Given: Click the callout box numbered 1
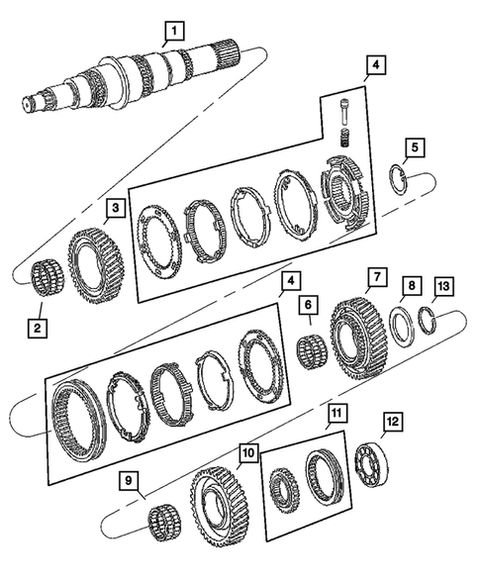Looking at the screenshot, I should (173, 30).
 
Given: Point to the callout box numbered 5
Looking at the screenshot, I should (415, 148).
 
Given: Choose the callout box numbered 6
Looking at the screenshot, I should (309, 307).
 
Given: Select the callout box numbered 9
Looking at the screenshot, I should (129, 481).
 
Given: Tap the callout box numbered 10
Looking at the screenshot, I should (247, 452).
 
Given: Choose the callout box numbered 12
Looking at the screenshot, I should (393, 422).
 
